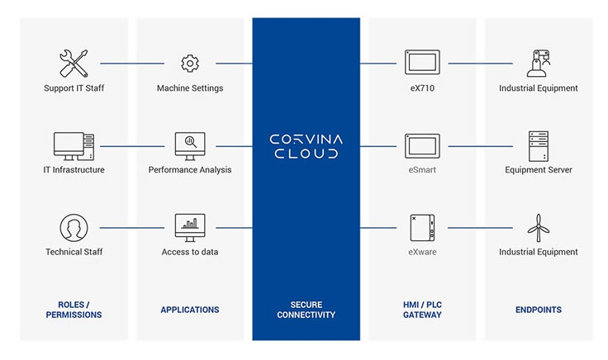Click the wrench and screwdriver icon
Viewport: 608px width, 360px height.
pos(74,63)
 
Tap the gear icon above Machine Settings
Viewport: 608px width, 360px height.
pos(190,63)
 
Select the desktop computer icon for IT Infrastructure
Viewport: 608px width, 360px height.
pos(74,145)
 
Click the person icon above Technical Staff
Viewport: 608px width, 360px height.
pos(74,227)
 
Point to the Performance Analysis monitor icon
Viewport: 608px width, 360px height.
pos(190,145)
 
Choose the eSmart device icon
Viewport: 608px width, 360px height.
pos(422,145)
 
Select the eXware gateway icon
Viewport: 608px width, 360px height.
pos(422,226)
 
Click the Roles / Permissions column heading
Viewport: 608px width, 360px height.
pos(74,310)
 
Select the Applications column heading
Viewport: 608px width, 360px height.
pos(190,310)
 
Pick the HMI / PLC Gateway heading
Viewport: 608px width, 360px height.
pos(422,310)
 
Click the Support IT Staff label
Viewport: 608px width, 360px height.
pos(74,88)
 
